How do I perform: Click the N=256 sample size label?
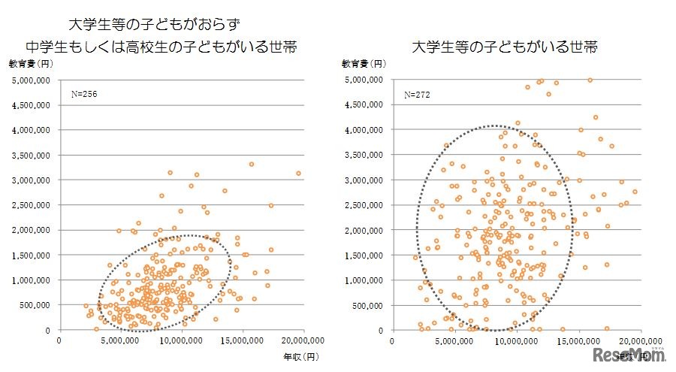point(84,95)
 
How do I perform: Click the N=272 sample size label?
point(418,95)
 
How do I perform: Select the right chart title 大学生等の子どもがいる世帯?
point(505,47)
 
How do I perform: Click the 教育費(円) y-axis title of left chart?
point(29,65)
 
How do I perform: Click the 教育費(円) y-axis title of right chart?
point(364,65)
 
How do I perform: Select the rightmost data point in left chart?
point(298,174)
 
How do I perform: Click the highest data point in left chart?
point(252,164)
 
